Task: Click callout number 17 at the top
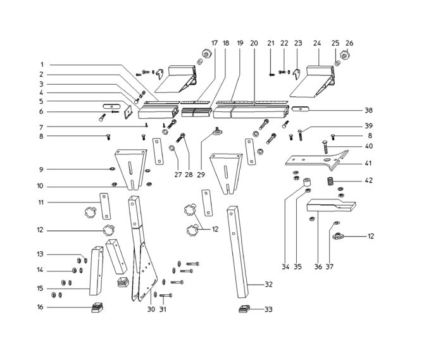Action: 215,43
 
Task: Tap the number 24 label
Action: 317,43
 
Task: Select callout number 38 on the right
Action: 368,110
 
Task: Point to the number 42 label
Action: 368,180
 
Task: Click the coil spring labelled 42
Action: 330,181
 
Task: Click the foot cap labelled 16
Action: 97,307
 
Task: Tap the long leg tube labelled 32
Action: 237,252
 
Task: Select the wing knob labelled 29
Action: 218,131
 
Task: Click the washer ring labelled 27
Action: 172,147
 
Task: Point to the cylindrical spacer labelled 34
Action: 306,182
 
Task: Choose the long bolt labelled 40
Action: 325,147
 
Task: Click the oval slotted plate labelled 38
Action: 301,109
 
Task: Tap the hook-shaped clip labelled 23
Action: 297,74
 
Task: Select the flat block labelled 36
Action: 331,205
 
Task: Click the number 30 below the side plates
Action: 151,309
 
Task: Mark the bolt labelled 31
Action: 166,295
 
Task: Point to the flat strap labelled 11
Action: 105,206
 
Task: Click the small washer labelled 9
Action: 112,169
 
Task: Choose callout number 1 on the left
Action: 42,65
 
